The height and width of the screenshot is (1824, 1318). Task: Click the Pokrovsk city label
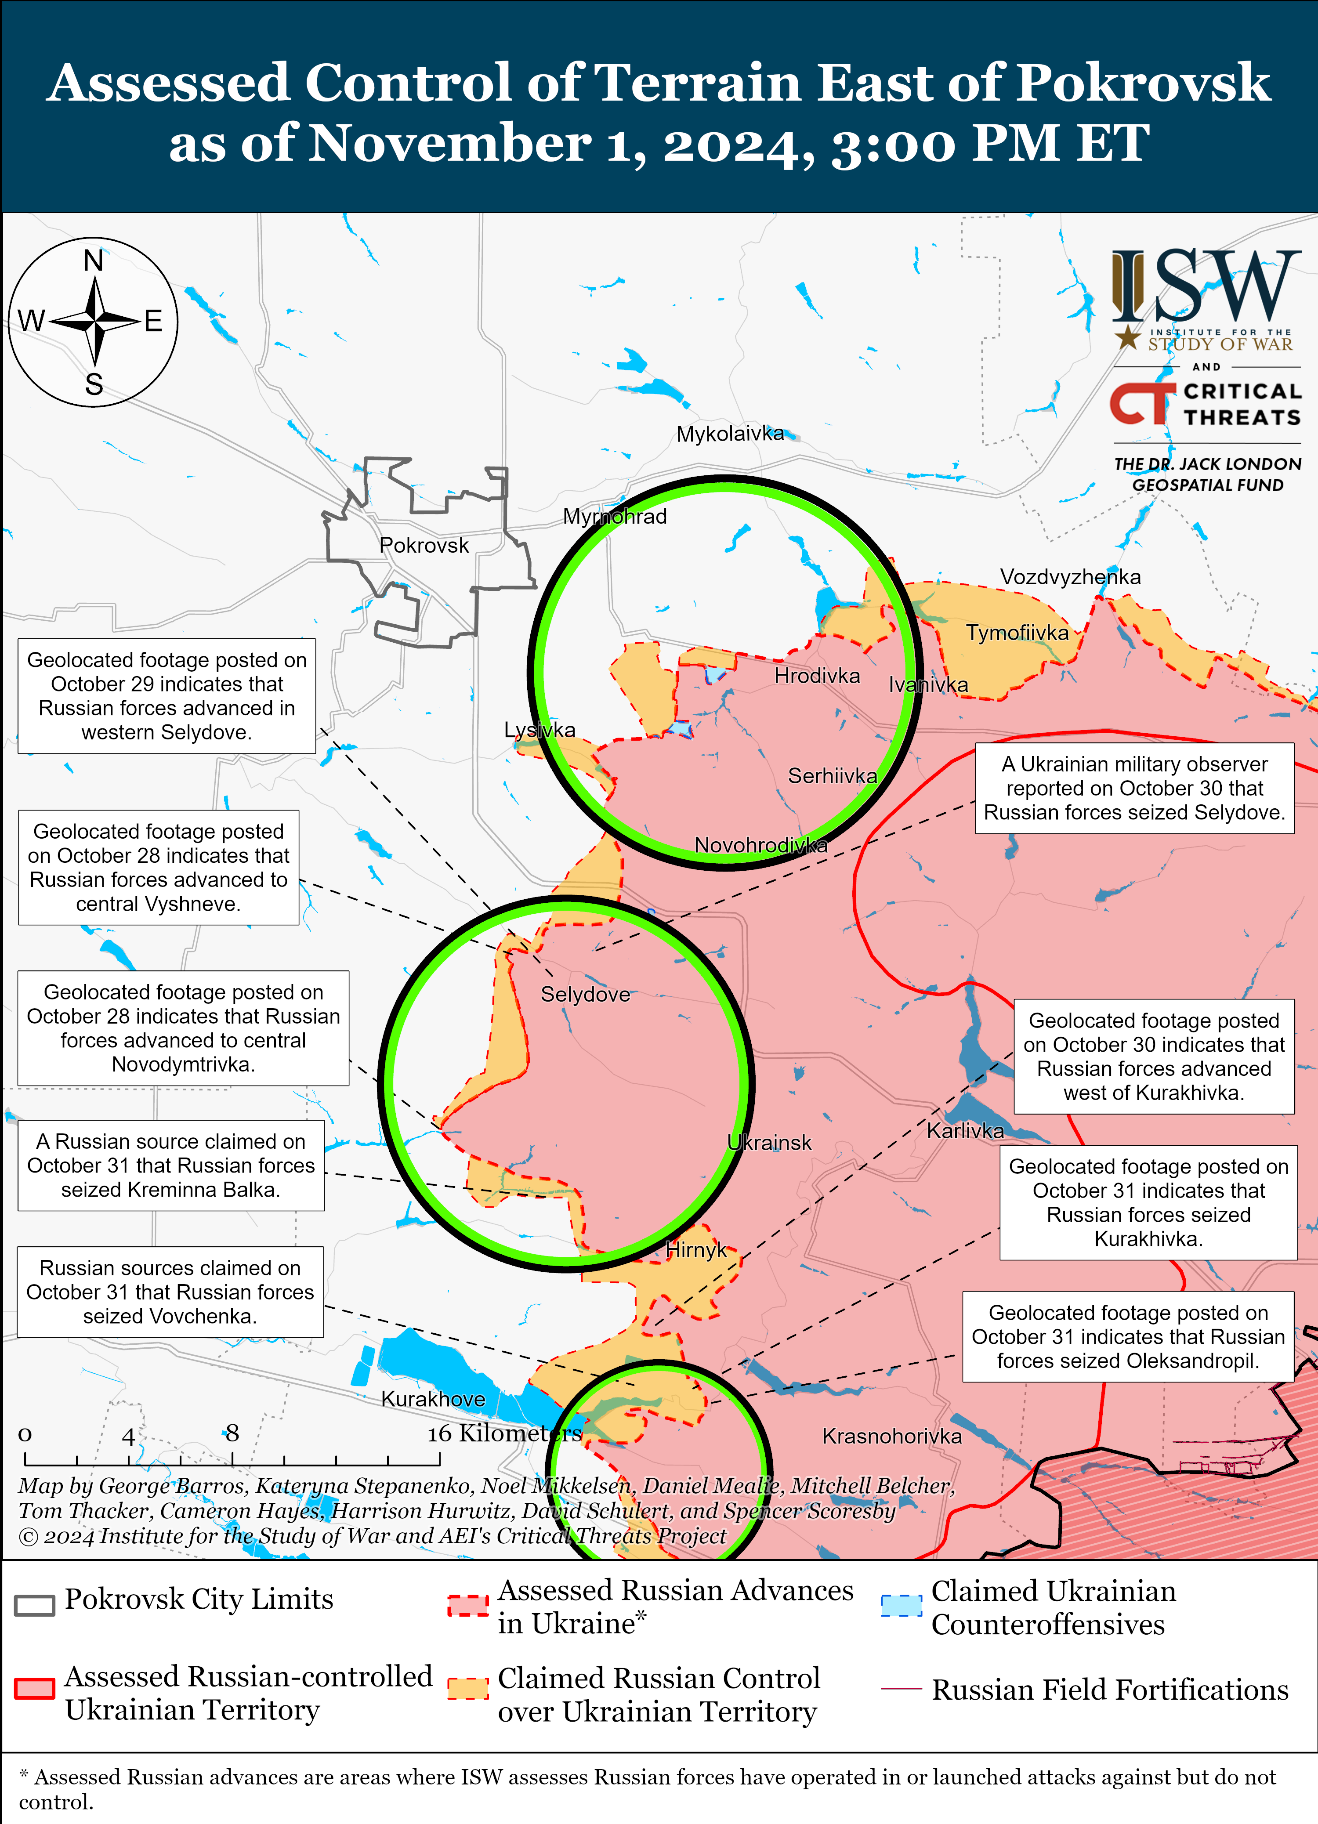[x=424, y=545]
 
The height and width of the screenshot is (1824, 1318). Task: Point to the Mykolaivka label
[x=729, y=434]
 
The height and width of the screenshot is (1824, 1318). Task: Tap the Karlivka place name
[x=965, y=1131]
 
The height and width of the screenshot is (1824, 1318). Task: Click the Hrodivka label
[x=816, y=676]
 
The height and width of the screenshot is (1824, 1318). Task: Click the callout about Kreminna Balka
[x=170, y=1165]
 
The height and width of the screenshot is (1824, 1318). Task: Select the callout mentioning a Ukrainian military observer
[x=1134, y=788]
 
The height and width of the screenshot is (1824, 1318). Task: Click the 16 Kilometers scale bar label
[x=504, y=1433]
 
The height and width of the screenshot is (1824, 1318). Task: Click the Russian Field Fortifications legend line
[x=901, y=1689]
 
